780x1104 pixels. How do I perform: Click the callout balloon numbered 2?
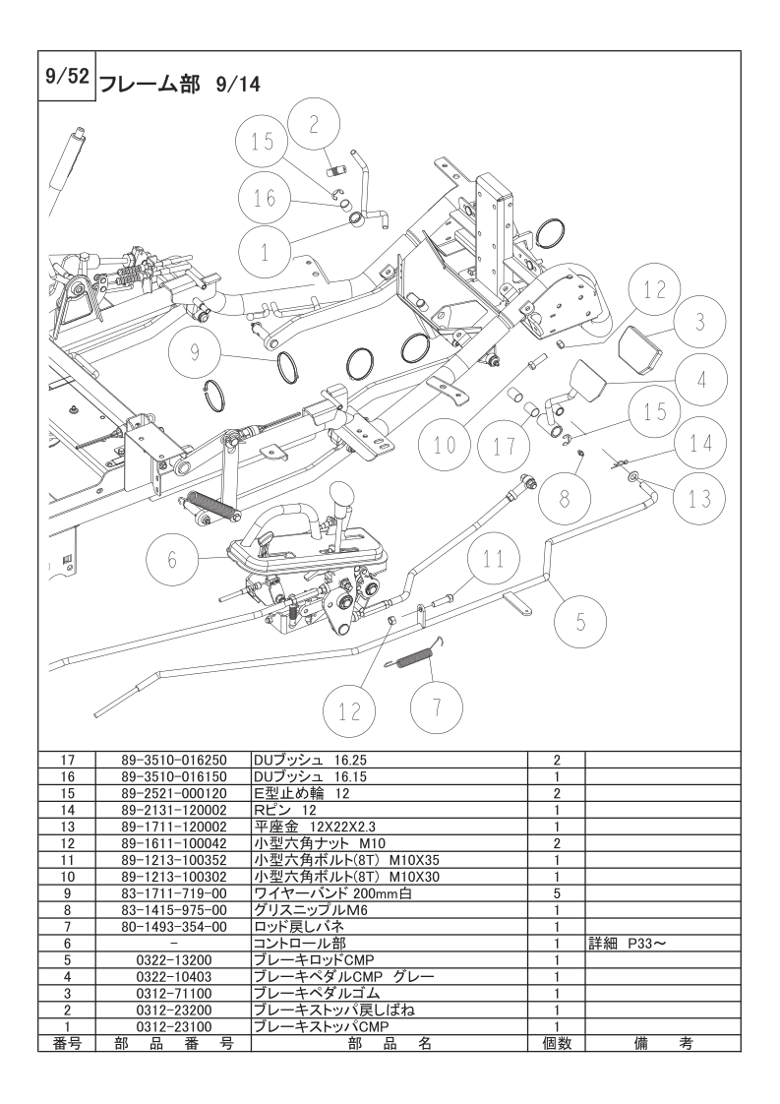click(314, 124)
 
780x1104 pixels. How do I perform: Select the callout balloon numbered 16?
click(265, 197)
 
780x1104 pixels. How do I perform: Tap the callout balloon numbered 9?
click(194, 351)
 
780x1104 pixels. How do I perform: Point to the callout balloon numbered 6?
click(172, 560)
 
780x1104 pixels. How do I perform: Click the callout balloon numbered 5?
click(579, 621)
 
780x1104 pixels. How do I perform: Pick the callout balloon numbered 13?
click(699, 498)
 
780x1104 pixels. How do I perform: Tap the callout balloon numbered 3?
click(698, 323)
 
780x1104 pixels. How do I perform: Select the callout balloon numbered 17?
click(505, 446)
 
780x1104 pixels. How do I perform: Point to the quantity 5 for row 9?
click(557, 892)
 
